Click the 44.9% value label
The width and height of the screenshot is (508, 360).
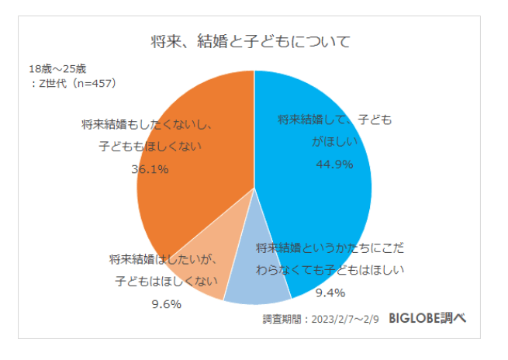[334, 164]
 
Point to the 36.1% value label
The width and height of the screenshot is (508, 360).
[150, 169]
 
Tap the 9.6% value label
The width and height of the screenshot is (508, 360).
[166, 304]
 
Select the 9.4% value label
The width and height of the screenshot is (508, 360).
[330, 293]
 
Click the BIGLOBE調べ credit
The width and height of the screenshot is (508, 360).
[427, 320]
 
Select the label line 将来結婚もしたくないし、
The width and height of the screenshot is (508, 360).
[147, 124]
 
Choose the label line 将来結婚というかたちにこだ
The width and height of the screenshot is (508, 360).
[330, 248]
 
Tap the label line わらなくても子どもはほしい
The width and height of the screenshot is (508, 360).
[330, 270]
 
